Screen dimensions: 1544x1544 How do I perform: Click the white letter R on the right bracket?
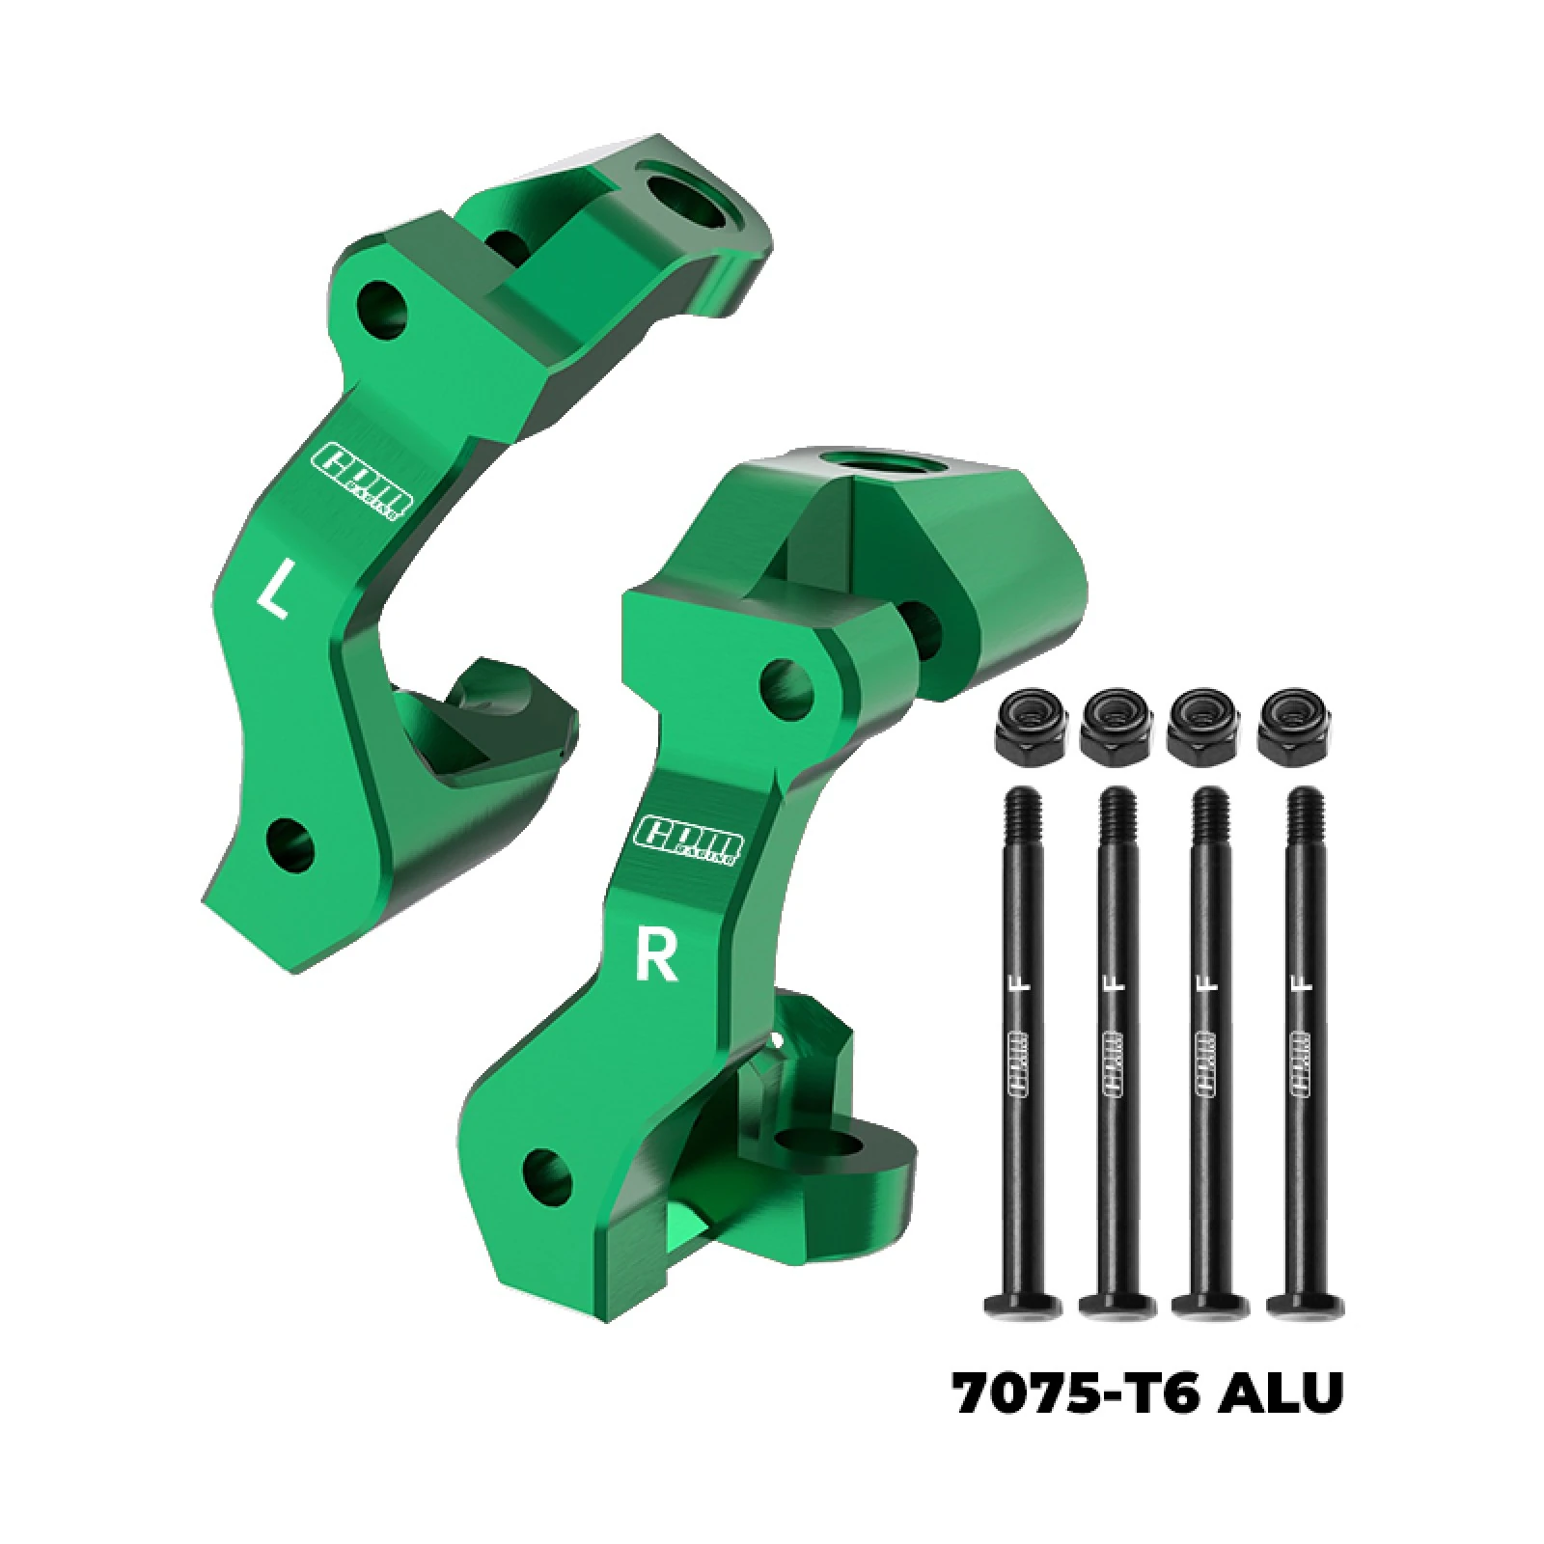656,953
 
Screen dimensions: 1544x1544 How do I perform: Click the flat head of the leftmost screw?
1024,1307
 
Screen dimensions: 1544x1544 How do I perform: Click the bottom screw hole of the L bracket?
289,843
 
